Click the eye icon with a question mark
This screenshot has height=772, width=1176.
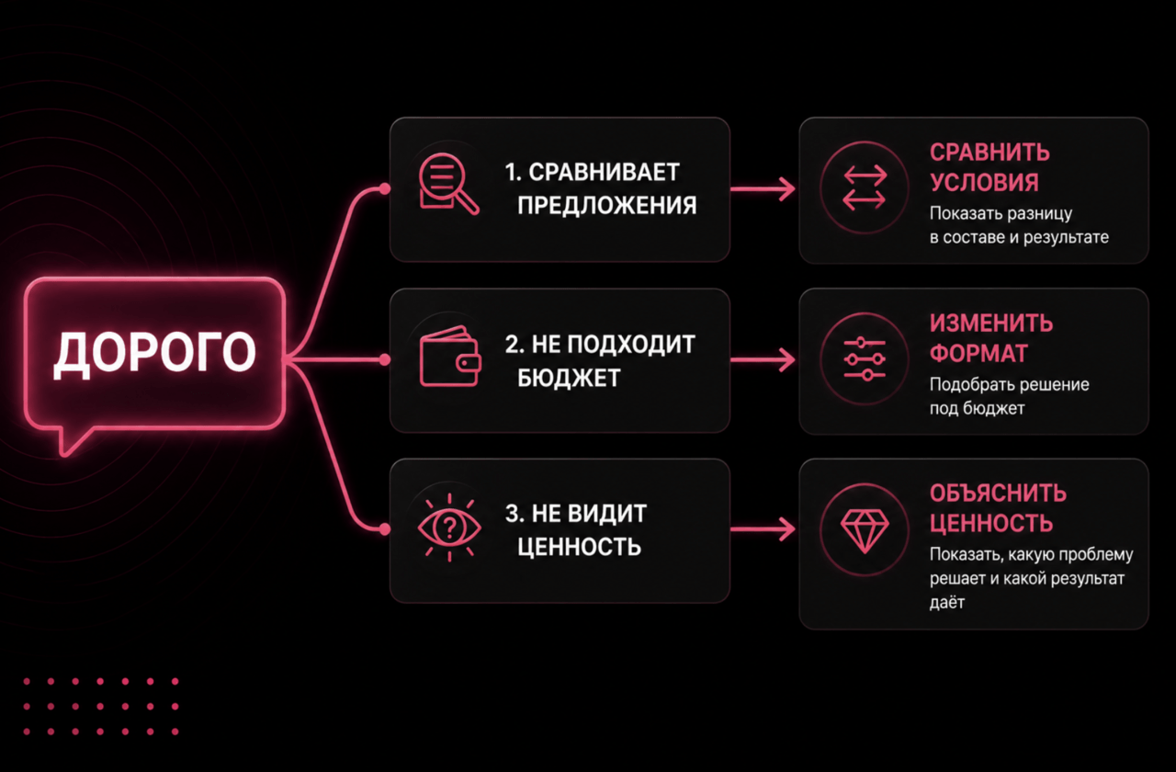pyautogui.click(x=449, y=528)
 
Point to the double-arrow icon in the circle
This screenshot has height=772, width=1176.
pyautogui.click(x=865, y=187)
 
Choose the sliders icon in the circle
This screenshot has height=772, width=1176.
pyautogui.click(x=865, y=358)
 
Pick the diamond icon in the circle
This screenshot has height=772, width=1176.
pyautogui.click(x=865, y=531)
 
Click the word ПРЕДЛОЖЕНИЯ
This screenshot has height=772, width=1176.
pyautogui.click(x=607, y=205)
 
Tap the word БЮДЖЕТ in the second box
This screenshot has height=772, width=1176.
pyautogui.click(x=569, y=378)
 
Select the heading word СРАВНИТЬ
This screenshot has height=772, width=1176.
pyautogui.click(x=989, y=153)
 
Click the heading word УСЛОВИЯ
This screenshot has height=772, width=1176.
pyautogui.click(x=984, y=183)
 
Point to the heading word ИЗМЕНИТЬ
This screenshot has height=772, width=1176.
pyautogui.click(x=991, y=324)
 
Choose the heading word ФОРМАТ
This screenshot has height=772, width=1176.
pyautogui.click(x=978, y=354)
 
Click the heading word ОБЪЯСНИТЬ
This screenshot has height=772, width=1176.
pyautogui.click(x=998, y=494)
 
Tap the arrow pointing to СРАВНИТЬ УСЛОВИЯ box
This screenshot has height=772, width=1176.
pyautogui.click(x=763, y=189)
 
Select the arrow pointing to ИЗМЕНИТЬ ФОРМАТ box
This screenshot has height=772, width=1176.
pyautogui.click(x=763, y=360)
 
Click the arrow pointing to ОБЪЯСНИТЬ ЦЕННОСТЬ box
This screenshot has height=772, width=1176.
pyautogui.click(x=763, y=528)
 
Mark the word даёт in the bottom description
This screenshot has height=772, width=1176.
pyautogui.click(x=947, y=602)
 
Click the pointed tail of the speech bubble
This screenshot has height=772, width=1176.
pyautogui.click(x=65, y=452)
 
